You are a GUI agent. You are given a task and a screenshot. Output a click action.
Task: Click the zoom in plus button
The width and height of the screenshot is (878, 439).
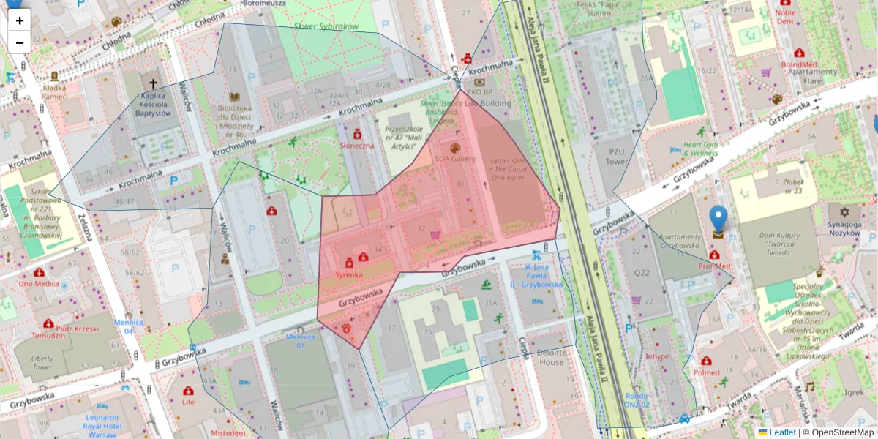[x=19, y=20]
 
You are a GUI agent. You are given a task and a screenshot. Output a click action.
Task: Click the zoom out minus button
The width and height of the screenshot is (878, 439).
[x=19, y=42]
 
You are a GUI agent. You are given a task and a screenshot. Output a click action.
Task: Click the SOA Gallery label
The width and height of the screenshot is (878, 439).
[x=455, y=159]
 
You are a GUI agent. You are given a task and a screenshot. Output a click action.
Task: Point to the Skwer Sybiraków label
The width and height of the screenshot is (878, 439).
[x=326, y=26]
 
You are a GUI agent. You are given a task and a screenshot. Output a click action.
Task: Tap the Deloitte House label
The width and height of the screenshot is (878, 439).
[x=551, y=357]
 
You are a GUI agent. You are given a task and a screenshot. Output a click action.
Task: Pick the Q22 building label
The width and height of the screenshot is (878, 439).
[x=641, y=273]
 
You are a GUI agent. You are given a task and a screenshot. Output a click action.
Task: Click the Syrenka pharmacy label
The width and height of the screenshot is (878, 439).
[x=349, y=274]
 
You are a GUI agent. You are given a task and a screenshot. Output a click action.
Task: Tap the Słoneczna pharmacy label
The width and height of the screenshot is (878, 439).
[x=357, y=145]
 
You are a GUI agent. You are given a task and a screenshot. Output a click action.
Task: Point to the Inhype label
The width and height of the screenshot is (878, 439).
[x=657, y=357]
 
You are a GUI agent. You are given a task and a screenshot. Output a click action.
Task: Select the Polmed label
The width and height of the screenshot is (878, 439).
[x=706, y=372]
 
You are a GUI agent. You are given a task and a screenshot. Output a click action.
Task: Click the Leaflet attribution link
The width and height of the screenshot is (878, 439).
[x=782, y=432]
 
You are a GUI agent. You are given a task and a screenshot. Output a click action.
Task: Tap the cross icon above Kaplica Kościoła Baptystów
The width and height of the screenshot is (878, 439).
[x=153, y=85]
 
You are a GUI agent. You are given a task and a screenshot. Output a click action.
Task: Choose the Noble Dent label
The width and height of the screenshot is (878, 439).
[x=785, y=17]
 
